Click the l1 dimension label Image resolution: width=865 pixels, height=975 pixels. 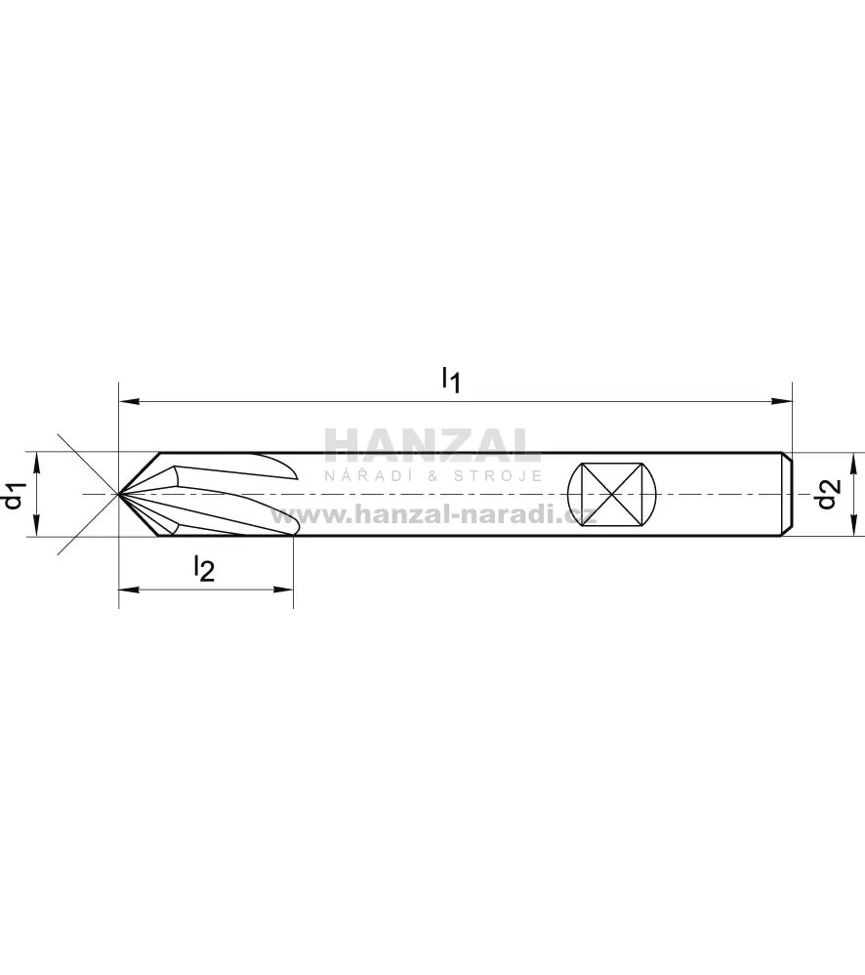click(x=451, y=380)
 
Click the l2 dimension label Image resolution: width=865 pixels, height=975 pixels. click(x=204, y=568)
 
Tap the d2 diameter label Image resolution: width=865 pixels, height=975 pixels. click(x=828, y=495)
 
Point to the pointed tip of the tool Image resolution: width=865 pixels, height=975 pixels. click(x=119, y=494)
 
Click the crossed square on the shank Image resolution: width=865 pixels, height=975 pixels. click(x=612, y=495)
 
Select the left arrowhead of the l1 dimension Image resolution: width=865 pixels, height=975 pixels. click(x=128, y=402)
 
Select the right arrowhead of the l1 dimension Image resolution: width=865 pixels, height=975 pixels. click(x=782, y=402)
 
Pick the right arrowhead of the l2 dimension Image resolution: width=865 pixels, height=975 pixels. click(x=283, y=589)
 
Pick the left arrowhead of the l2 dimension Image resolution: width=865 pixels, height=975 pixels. click(x=128, y=589)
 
